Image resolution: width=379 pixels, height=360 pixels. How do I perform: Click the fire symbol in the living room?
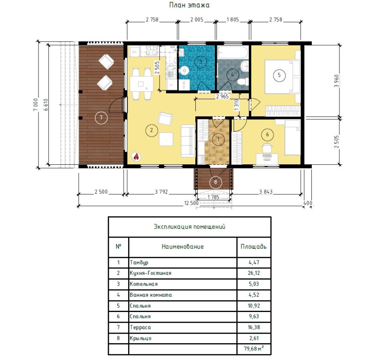pos(136,156)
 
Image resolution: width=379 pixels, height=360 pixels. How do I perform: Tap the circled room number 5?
pos(279,75)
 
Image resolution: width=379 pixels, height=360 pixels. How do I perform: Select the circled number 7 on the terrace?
pos(101,118)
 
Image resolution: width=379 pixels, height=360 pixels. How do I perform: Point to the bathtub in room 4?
pos(233,52)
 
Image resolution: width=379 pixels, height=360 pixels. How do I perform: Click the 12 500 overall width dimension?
pos(191,203)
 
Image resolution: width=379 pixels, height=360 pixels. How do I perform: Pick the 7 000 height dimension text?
pos(36,104)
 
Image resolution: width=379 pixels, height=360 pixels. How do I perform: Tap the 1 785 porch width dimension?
pos(213,197)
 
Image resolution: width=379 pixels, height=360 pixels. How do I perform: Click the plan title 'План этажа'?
pos(189,5)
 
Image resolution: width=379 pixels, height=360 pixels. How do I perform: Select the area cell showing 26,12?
pos(254,273)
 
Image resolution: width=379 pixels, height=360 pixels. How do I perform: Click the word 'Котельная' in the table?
pos(144,284)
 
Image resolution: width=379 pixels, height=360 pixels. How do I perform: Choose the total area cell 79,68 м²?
pos(254,348)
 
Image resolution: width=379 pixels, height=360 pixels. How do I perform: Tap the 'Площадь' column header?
pos(253,247)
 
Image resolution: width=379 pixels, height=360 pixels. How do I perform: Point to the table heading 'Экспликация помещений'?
pos(190,227)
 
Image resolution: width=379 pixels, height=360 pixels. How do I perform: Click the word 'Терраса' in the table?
pos(140,327)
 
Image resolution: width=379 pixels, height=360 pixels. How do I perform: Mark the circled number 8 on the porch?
pos(215,182)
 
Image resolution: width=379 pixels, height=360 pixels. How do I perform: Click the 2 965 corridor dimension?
pos(223,96)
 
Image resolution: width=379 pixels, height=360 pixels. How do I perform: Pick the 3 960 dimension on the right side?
pos(337,81)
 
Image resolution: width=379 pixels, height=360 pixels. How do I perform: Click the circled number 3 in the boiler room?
pos(201,62)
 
